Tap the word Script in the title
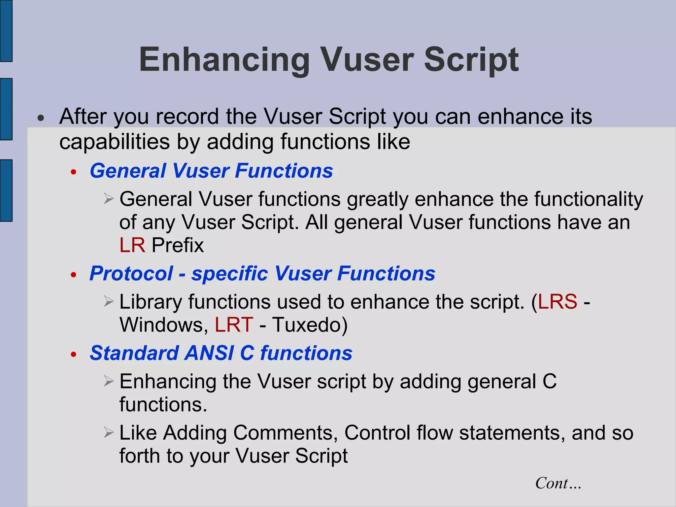(471, 60)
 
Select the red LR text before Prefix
(132, 245)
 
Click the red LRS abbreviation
(558, 302)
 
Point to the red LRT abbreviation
(234, 325)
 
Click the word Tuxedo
(310, 325)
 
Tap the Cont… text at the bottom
(558, 483)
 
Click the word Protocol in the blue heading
(131, 274)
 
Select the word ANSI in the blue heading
(209, 353)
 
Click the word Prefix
(178, 245)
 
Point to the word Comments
(286, 433)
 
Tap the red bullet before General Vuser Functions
(74, 172)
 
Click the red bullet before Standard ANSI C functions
(74, 355)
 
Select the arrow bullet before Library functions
(109, 301)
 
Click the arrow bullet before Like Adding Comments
(109, 432)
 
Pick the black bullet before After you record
(41, 118)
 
